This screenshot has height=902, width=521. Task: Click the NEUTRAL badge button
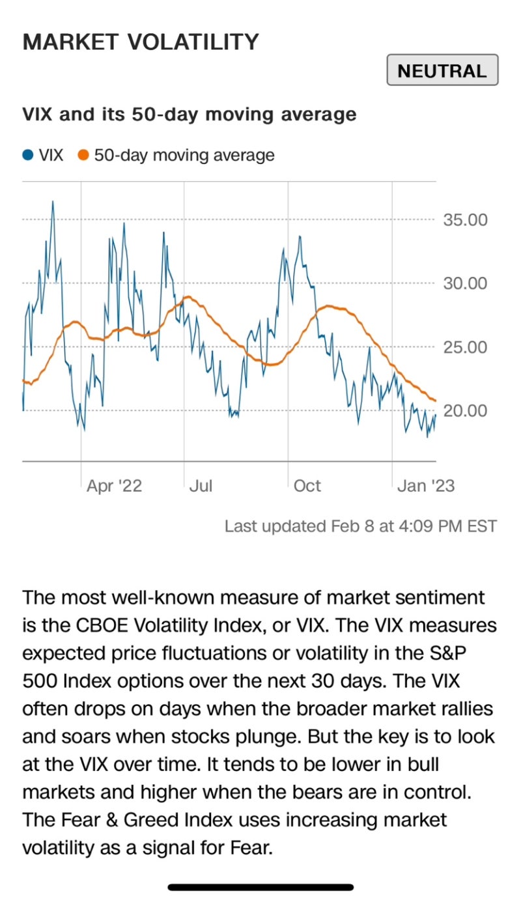(x=442, y=71)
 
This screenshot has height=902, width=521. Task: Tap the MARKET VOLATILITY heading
(x=141, y=42)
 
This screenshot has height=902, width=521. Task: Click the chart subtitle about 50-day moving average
(x=190, y=115)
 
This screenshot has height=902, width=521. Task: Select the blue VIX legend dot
(x=28, y=156)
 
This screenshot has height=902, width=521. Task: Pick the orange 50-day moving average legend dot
(x=83, y=156)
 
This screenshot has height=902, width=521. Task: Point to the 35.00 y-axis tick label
(x=465, y=219)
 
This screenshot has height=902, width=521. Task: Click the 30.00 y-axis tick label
(x=465, y=283)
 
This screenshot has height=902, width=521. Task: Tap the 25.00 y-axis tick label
(x=465, y=347)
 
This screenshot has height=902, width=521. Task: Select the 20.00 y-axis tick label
(x=465, y=411)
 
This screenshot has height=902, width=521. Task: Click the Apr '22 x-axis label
(x=114, y=486)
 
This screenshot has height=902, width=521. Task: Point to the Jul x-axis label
(x=201, y=486)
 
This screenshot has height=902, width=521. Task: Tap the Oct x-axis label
(x=307, y=486)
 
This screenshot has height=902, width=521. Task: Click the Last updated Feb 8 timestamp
(x=360, y=526)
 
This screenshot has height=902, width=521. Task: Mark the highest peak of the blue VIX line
(x=53, y=201)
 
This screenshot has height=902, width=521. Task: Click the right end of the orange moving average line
(x=435, y=400)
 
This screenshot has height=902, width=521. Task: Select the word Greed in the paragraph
(x=142, y=819)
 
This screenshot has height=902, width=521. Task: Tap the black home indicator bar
(x=260, y=887)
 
